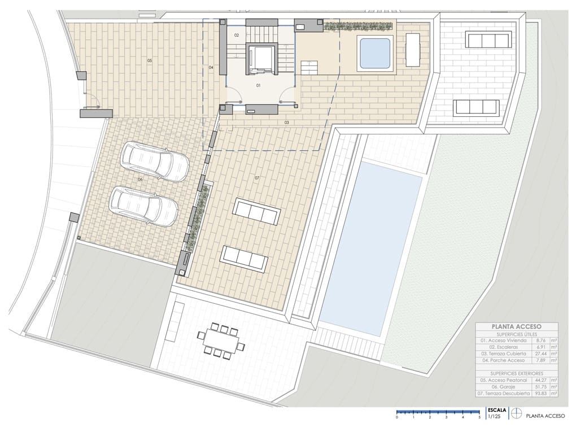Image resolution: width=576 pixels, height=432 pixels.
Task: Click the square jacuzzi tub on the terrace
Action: click(375, 52)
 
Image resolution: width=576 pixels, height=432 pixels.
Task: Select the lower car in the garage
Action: click(143, 206)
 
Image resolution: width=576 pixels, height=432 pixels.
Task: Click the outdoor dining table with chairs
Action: click(221, 341)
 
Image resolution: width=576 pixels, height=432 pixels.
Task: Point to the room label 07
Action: click(257, 178)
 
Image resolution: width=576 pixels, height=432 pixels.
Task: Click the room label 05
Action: click(150, 60)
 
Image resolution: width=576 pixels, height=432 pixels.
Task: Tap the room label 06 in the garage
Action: click(139, 180)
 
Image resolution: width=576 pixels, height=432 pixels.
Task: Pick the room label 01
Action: click(258, 86)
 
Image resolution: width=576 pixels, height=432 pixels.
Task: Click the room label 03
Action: click(286, 122)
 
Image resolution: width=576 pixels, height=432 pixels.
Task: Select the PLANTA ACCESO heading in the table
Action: click(516, 326)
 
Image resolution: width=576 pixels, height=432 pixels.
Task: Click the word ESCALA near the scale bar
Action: click(498, 411)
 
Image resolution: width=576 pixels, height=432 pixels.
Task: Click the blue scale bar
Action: click(438, 412)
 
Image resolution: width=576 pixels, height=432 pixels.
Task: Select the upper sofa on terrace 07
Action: click(256, 212)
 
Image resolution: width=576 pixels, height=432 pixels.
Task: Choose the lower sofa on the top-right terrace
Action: click(476, 107)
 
